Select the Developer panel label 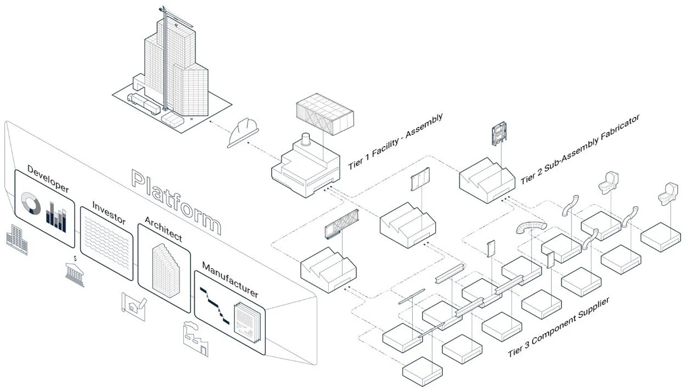48,178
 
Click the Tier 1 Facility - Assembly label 395,142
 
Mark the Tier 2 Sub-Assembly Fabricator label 580,149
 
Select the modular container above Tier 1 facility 324,116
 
